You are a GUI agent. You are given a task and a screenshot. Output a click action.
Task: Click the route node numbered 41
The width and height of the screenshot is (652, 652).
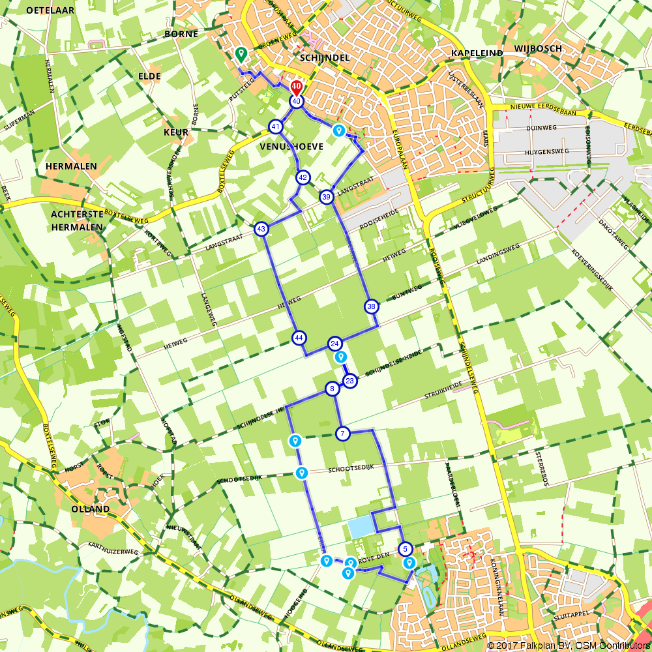276,126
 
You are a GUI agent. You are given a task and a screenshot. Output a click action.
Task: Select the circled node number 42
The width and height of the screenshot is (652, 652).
303,177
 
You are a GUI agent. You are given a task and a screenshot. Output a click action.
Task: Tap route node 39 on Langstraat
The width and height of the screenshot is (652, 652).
327,196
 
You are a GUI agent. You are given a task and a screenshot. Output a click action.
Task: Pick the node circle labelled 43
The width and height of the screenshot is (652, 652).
261,229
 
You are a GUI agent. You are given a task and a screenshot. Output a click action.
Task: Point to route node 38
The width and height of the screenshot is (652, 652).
371,306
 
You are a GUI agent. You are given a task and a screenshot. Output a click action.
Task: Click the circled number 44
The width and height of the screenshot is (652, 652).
299,338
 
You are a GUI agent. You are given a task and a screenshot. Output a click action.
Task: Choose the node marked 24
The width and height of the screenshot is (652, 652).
334,344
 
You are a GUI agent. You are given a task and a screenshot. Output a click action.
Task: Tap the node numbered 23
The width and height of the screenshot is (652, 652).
350,381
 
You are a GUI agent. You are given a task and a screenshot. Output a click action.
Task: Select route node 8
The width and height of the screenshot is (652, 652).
332,389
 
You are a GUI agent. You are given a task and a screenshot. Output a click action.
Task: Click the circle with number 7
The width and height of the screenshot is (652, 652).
342,433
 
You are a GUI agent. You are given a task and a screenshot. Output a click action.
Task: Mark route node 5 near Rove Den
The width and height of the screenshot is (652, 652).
405,549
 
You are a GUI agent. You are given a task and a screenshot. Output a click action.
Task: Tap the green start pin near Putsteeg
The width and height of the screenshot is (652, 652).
241,54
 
